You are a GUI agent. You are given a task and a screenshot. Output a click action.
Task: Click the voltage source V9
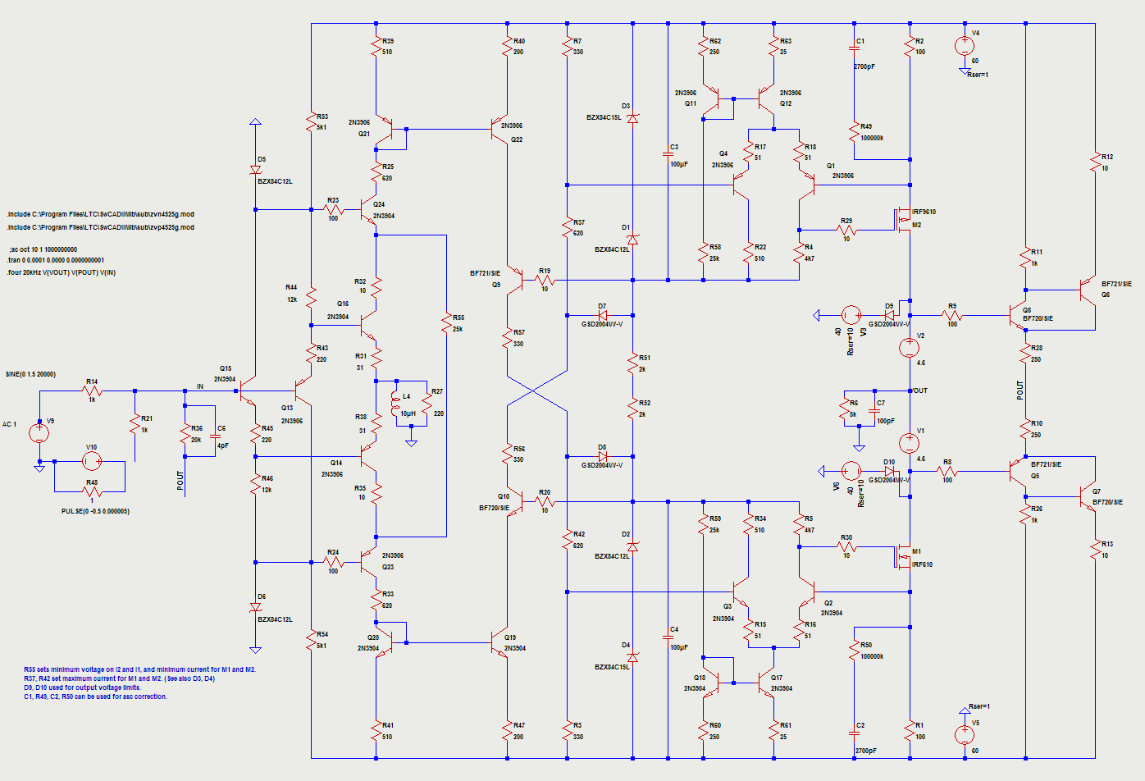[39, 432]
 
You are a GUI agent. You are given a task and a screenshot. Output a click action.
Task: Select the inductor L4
[397, 402]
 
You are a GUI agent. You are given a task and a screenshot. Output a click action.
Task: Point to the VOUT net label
[919, 390]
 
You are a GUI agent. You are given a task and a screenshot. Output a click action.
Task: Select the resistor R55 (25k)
[447, 322]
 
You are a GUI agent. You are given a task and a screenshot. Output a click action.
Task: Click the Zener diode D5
[255, 171]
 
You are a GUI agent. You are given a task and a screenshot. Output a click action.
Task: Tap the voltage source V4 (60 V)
[965, 46]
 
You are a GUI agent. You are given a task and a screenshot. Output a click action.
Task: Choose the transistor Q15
[247, 395]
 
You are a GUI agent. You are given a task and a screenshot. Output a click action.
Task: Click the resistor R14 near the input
[92, 391]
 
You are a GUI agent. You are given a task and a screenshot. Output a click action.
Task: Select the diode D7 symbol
[602, 315]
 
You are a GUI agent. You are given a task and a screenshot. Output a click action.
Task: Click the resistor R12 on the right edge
[1095, 162]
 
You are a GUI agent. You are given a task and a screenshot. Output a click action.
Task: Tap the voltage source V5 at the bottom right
[965, 735]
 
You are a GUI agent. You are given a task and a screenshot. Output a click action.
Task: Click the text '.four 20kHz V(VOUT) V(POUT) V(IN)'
[62, 272]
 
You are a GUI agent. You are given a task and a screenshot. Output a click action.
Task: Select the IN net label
[199, 386]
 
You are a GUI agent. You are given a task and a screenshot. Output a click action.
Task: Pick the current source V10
[92, 461]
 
